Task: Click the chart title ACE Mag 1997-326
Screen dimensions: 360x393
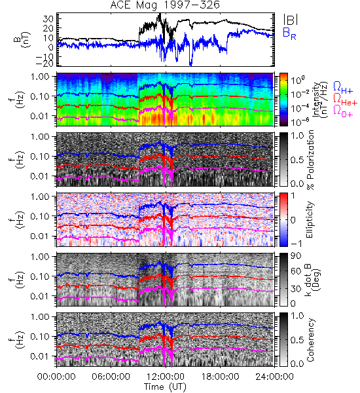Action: (x=165, y=5)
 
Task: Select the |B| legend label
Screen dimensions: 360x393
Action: (x=291, y=20)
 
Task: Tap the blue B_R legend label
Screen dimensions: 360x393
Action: (x=290, y=33)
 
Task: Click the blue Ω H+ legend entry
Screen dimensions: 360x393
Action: (x=343, y=88)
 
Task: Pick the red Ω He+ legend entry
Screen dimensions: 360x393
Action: (x=346, y=100)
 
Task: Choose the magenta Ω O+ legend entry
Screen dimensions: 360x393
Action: (x=343, y=111)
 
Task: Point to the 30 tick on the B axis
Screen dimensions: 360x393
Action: (x=48, y=18)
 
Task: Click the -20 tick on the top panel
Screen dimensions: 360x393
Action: (x=45, y=63)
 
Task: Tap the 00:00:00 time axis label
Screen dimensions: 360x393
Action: (x=56, y=377)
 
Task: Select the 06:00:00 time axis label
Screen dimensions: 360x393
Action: (x=111, y=377)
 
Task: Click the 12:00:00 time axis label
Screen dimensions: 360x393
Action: (x=166, y=377)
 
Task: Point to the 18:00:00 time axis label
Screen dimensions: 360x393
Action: (x=220, y=377)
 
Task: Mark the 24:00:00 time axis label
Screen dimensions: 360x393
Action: (x=274, y=377)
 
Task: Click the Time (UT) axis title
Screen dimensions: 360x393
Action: (x=165, y=386)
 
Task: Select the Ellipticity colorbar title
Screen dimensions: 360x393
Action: (x=310, y=219)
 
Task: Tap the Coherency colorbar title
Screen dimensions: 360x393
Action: (x=310, y=340)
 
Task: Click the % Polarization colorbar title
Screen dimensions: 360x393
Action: (x=310, y=160)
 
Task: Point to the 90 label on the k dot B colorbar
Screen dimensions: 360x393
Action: (x=296, y=256)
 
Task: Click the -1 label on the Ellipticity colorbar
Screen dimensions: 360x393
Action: (x=296, y=244)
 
